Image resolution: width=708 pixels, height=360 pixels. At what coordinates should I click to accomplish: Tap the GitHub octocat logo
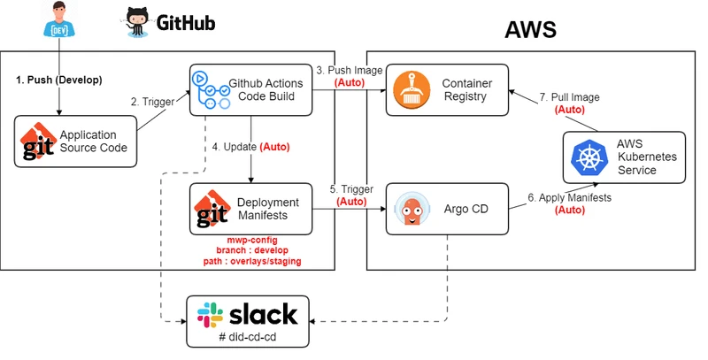[139, 22]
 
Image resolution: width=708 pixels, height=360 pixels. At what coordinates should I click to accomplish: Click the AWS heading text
[530, 29]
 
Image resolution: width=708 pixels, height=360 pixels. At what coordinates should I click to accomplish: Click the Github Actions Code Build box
[252, 89]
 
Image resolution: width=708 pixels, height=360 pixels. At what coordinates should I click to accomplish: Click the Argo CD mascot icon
[412, 209]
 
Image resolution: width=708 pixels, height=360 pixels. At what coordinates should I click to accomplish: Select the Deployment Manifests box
[252, 209]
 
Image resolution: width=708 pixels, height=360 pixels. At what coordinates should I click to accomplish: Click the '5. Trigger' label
[350, 188]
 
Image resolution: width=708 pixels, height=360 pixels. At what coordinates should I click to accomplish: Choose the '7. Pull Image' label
[568, 98]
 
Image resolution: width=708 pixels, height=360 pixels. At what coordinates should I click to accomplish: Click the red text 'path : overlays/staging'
[251, 261]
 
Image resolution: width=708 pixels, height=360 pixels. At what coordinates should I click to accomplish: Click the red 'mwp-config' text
[251, 239]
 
